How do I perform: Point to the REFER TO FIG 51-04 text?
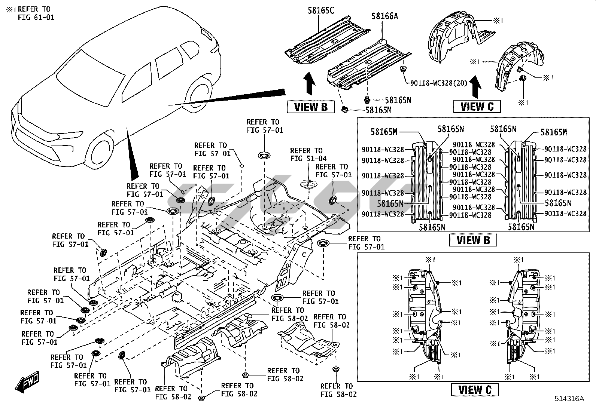coord(306,155)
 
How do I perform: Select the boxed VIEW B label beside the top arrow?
coord(311,107)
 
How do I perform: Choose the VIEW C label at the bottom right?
coord(475,390)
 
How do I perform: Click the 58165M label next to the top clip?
coord(378,110)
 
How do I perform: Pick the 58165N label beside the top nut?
coord(398,100)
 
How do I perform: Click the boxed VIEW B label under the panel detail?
coord(473,240)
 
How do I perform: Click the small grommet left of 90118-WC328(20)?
coord(403,69)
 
